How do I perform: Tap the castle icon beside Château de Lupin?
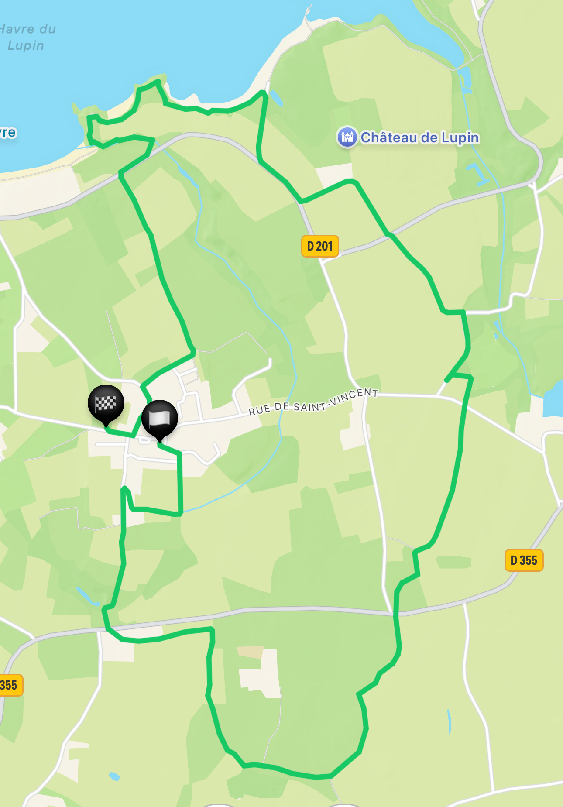[347, 137]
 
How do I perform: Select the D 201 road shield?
[320, 246]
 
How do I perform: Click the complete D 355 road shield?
[524, 560]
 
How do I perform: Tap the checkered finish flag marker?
[106, 403]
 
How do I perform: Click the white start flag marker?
[159, 419]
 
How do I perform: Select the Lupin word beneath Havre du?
[26, 45]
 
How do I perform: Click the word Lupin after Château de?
[460, 137]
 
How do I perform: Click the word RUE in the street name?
[259, 410]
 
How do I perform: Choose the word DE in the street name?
[282, 407]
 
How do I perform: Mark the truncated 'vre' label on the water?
[7, 132]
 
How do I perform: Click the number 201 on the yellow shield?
[325, 246]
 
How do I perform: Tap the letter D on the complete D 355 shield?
[514, 560]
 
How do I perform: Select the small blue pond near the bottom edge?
[114, 776]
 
